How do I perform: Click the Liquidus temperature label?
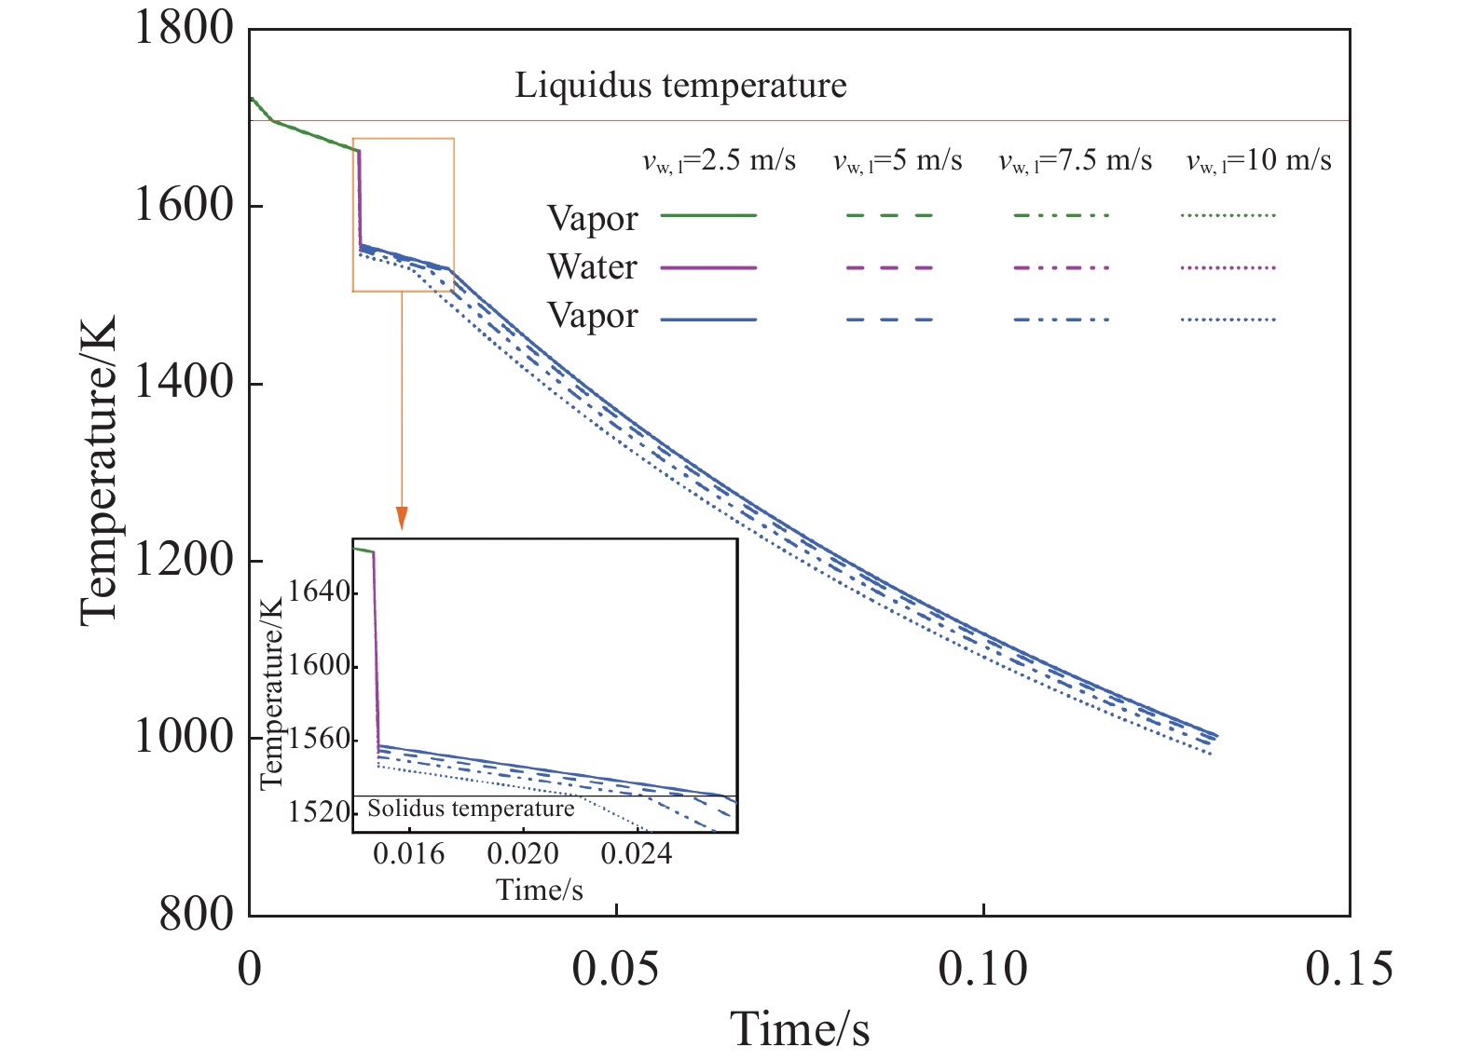680,86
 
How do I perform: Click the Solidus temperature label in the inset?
471,809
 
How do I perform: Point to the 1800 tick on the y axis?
184,28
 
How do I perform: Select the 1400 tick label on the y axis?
184,382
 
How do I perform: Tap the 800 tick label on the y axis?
196,914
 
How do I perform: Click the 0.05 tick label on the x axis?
615,969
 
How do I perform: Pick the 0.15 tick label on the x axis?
1349,969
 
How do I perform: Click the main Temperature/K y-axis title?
99,470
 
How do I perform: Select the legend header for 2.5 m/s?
719,161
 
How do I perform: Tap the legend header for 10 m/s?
1258,161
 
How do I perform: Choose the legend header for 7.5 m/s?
1075,161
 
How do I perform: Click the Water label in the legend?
592,267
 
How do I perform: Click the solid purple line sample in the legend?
708,267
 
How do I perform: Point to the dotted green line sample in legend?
1228,215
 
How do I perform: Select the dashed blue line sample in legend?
889,320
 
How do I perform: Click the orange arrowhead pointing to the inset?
402,518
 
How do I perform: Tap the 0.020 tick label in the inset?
523,853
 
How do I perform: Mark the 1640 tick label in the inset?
319,592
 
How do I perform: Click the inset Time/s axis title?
539,891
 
